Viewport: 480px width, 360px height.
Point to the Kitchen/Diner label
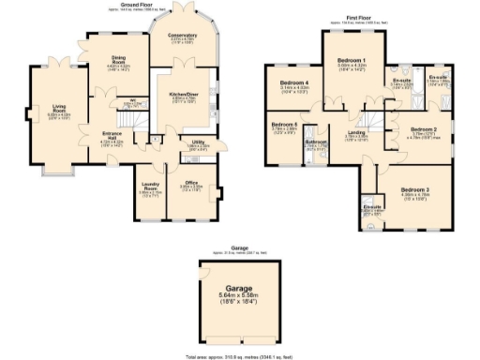tap(183, 94)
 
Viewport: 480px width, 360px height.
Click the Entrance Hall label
tap(112, 135)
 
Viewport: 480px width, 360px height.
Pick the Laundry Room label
tap(150, 184)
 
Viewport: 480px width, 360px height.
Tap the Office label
tap(190, 183)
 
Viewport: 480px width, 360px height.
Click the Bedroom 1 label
tap(352, 61)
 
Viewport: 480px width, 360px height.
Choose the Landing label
tap(356, 133)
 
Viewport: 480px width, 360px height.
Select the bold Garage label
tap(241, 288)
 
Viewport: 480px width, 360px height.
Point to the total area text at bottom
tap(241, 356)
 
